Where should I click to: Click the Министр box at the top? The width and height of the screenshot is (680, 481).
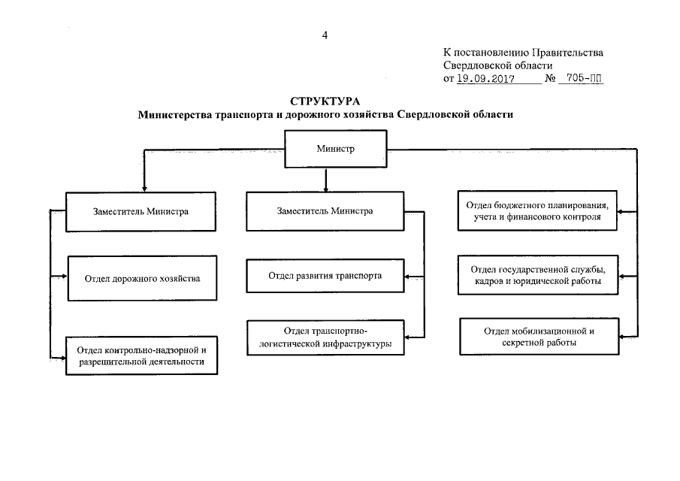coord(325,149)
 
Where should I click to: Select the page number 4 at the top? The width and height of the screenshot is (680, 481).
coord(325,35)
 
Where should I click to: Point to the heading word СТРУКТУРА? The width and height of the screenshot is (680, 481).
coord(325,101)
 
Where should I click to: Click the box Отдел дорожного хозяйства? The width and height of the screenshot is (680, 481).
coord(142,278)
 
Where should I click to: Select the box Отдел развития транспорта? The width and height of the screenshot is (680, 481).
coord(325,276)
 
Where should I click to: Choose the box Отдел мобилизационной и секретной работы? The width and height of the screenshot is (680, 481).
coord(539,336)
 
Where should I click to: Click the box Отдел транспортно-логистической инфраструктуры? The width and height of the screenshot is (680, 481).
coord(325,337)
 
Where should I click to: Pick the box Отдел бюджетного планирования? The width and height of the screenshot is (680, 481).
coord(539,211)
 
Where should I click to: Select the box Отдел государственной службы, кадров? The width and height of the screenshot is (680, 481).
coord(539,274)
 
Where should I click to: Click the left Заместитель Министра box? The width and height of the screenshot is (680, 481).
coord(142,211)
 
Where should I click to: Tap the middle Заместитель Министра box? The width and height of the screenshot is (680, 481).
coord(325,211)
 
